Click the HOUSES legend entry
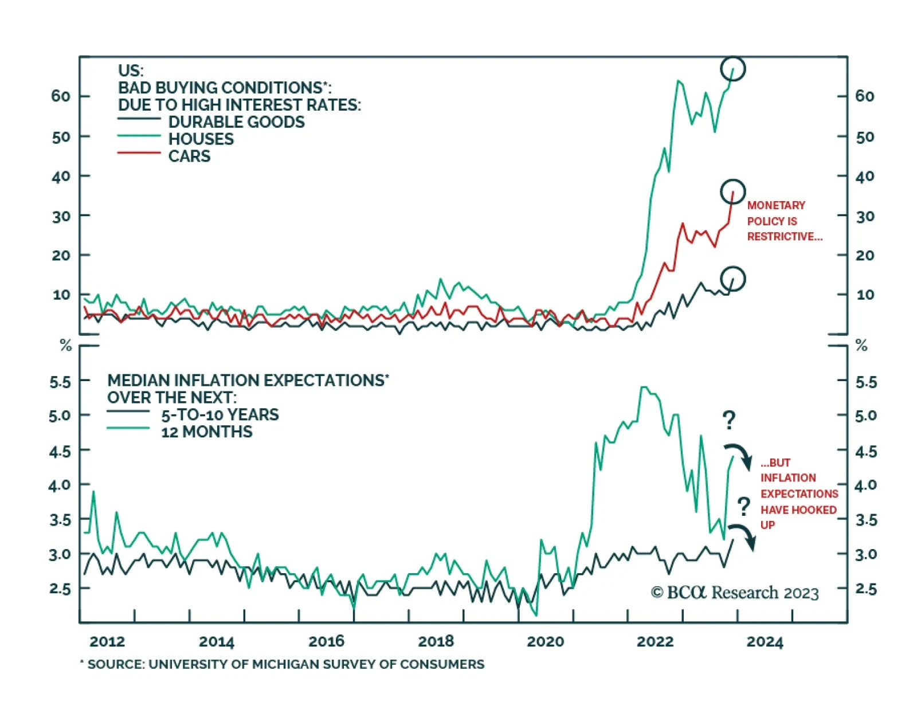point(201,139)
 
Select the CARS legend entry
point(189,156)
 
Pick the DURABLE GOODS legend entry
point(236,122)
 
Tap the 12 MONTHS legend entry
point(206,432)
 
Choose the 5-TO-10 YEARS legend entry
point(220,415)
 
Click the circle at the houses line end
point(732,69)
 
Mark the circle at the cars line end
point(733,191)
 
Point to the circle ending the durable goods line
point(732,279)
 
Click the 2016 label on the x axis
point(326,641)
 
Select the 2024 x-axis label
point(765,641)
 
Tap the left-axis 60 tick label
point(61,96)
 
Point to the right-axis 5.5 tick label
point(866,382)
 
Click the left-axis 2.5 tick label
point(60,589)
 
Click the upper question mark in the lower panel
point(728,421)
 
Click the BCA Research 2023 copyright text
point(735,593)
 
